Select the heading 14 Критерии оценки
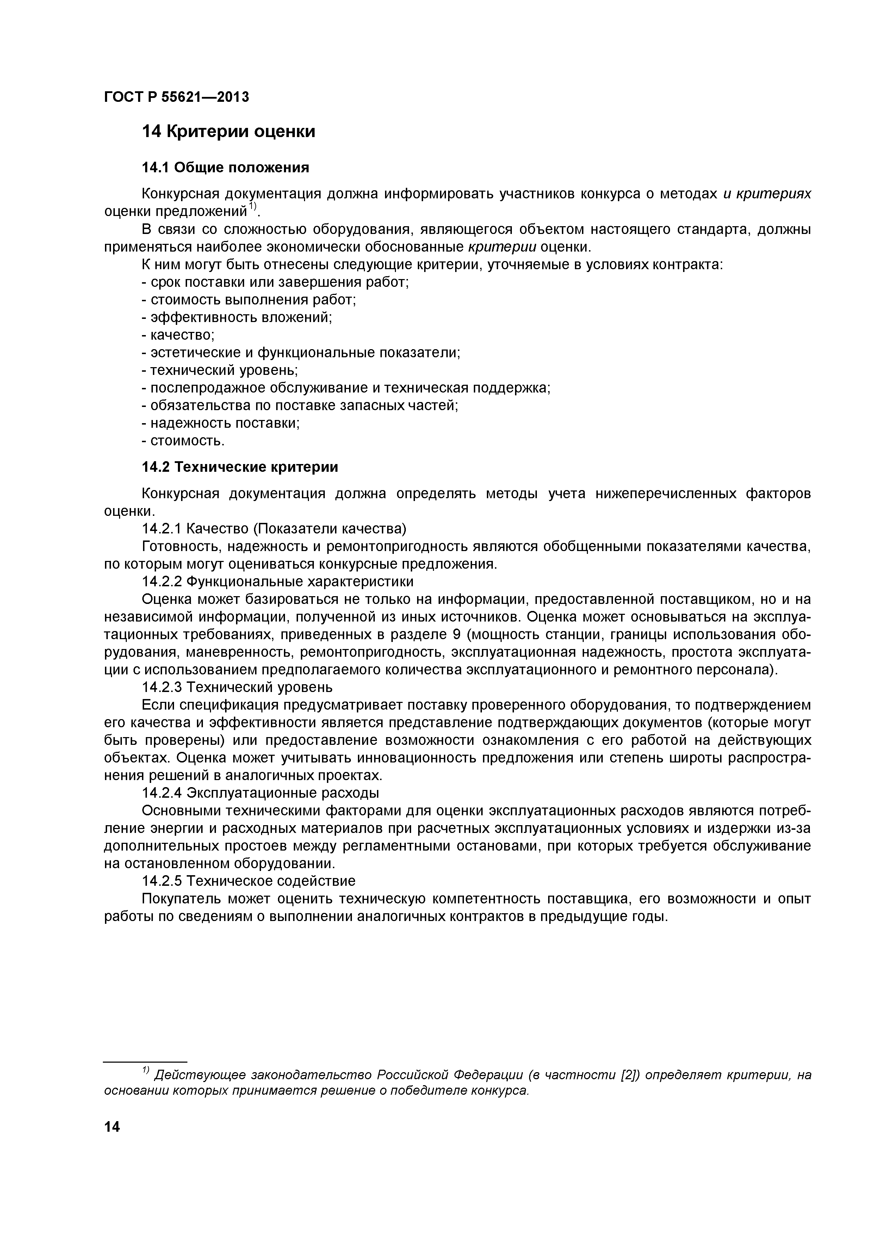228,131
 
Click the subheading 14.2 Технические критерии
240,467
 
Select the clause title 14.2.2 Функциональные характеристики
277,582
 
